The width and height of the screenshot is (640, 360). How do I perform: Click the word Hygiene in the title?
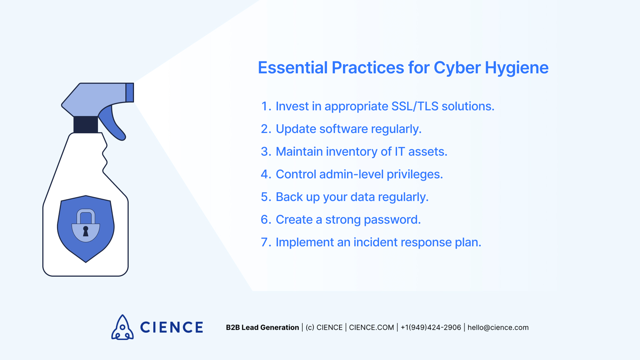[516, 68]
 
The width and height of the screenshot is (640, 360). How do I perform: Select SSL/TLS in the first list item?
[415, 106]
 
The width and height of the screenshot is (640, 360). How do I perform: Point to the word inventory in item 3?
[351, 152]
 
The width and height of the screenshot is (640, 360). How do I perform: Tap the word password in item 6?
[392, 220]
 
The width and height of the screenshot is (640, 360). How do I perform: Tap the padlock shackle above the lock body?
[86, 215]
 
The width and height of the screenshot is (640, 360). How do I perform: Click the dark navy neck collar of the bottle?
[86, 125]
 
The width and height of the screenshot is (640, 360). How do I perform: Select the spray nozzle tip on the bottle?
[130, 92]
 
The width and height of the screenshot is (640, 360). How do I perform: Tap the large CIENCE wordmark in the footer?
[171, 327]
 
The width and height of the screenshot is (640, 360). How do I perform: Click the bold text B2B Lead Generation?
[262, 327]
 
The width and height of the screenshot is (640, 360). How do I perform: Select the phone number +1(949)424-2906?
[431, 327]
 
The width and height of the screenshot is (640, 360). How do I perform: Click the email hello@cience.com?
[498, 327]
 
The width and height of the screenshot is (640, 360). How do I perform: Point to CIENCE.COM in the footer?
[371, 327]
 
